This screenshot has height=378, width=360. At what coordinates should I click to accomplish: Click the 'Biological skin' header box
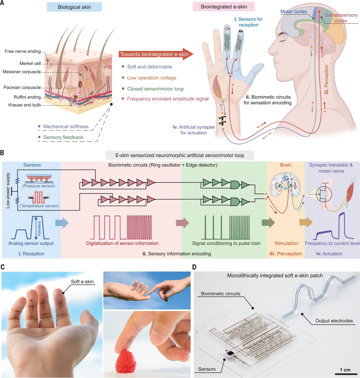[74, 7]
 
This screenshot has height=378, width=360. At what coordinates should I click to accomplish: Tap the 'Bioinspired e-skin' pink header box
[224, 7]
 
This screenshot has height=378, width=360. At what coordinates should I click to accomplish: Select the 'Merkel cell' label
[30, 63]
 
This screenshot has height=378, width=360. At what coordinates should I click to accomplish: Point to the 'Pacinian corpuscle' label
[22, 88]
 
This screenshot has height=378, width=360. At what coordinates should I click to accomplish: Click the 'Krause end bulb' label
[25, 105]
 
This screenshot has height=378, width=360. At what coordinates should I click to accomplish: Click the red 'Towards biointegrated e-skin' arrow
[155, 54]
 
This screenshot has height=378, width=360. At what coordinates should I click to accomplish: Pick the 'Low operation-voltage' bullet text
[152, 78]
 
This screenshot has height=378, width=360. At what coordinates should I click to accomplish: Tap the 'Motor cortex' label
[293, 12]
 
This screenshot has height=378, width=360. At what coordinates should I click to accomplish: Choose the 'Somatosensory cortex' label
[341, 18]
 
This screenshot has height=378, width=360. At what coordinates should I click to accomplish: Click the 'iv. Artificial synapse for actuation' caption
[194, 130]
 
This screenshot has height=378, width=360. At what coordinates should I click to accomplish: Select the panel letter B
[2, 153]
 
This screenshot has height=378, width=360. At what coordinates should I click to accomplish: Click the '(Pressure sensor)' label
[39, 186]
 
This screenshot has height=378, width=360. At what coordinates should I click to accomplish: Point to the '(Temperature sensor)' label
[39, 206]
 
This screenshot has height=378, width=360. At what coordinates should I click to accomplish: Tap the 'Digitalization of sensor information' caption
[122, 243]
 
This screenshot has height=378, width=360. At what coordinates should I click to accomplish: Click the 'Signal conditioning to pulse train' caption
[226, 243]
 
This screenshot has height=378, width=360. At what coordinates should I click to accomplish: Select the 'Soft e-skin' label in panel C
[82, 282]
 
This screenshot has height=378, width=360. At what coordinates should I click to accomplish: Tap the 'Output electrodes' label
[334, 321]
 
